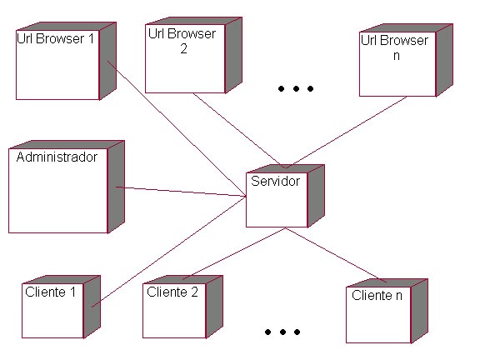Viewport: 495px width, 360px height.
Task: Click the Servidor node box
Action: pyautogui.click(x=277, y=200)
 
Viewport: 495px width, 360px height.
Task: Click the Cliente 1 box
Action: pyautogui.click(x=53, y=310)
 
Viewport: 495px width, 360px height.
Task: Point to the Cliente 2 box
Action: pyautogui.click(x=174, y=310)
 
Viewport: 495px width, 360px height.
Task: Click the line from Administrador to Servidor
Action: pyautogui.click(x=179, y=192)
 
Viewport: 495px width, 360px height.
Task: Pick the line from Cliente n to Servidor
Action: pyautogui.click(x=333, y=253)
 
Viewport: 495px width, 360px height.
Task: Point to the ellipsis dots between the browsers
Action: pyautogui.click(x=296, y=88)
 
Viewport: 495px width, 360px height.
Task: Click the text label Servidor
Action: pyautogui.click(x=275, y=180)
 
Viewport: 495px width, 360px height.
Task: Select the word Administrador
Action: pyautogui.click(x=57, y=157)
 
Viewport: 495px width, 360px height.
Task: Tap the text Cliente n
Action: pyautogui.click(x=377, y=296)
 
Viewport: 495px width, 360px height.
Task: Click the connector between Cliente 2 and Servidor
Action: pyautogui.click(x=233, y=253)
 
